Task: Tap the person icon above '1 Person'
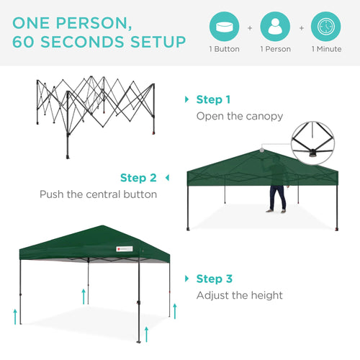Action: (x=275, y=27)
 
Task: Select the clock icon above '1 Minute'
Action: (x=326, y=27)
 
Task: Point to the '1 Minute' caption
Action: (x=326, y=50)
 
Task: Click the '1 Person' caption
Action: (x=275, y=50)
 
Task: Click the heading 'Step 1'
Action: (x=214, y=99)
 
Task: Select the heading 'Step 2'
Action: (x=138, y=178)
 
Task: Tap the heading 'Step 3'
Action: (x=214, y=279)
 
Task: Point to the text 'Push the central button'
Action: (x=98, y=194)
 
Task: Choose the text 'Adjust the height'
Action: (x=240, y=295)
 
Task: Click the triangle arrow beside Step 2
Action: (x=167, y=178)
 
